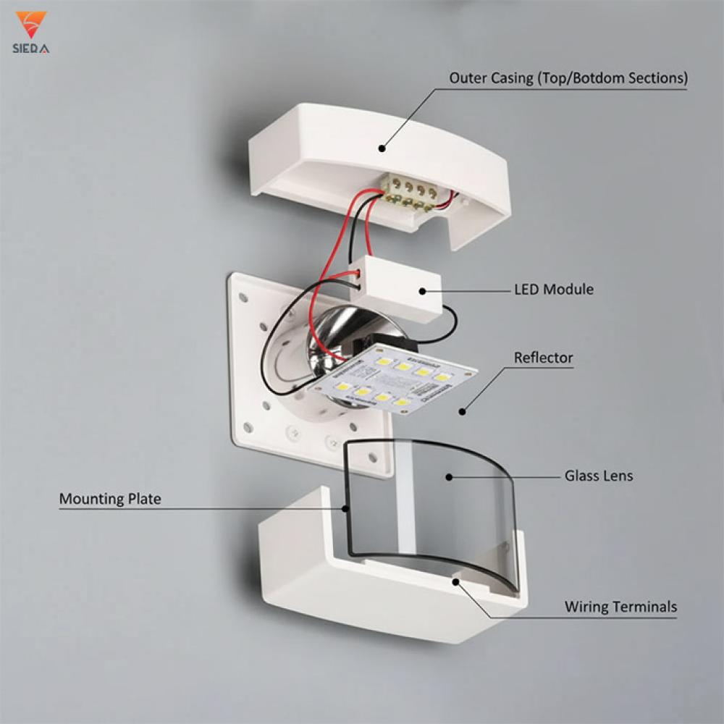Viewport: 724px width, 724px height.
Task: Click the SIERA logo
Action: pyautogui.click(x=31, y=33)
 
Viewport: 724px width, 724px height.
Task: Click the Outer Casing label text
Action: pyautogui.click(x=568, y=78)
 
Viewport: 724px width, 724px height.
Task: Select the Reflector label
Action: pyautogui.click(x=543, y=358)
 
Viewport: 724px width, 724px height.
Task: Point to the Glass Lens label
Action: pyautogui.click(x=598, y=476)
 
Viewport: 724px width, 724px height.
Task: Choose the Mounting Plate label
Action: pyautogui.click(x=110, y=499)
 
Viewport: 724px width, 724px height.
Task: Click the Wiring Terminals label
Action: pyautogui.click(x=620, y=607)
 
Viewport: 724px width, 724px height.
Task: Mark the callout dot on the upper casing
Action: pyautogui.click(x=382, y=148)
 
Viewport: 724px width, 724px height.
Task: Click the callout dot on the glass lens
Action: pyautogui.click(x=449, y=476)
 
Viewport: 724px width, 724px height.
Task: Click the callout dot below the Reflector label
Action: pyautogui.click(x=461, y=411)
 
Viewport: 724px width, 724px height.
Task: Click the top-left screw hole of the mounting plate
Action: pyautogui.click(x=243, y=297)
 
